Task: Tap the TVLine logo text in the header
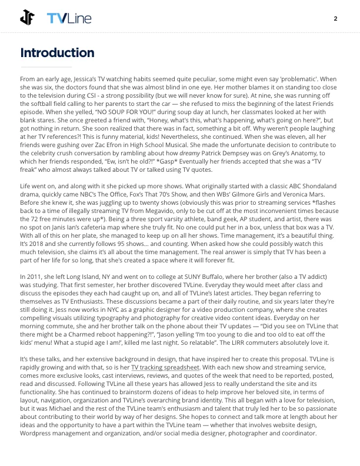[x=69, y=19]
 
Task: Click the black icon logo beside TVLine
[x=28, y=18]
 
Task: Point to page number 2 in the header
[x=335, y=18]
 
